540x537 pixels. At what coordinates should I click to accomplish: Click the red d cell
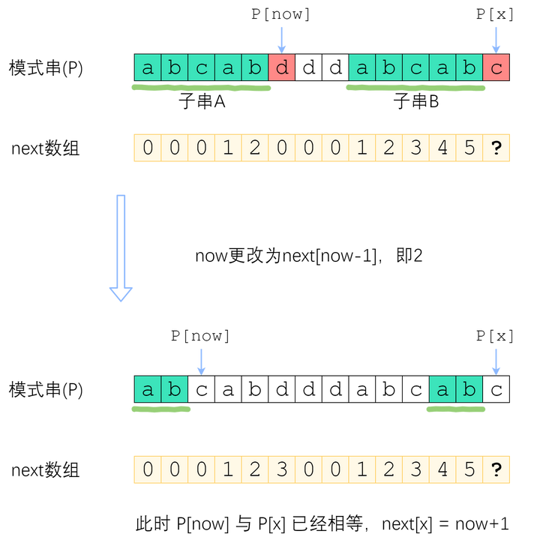(282, 68)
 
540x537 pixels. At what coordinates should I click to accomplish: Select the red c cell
(496, 68)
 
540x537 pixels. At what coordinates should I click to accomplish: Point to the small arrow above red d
(282, 39)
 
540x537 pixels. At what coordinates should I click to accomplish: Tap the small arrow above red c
(495, 39)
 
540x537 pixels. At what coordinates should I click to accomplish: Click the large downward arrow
(121, 247)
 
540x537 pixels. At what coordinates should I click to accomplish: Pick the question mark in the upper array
(496, 148)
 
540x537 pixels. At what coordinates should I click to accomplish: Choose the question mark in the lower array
(496, 470)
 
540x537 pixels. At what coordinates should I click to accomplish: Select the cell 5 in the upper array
(469, 148)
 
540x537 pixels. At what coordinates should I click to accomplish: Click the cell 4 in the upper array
(442, 148)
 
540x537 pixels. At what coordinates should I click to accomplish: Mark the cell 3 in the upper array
(415, 148)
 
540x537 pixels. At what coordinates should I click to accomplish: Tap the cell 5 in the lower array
(469, 470)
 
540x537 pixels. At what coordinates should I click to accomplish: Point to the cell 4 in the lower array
(442, 470)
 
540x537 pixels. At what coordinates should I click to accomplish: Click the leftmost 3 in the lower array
(282, 470)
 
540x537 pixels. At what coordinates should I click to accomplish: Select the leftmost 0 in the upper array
(147, 148)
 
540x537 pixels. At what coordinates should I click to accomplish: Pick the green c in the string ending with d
(201, 68)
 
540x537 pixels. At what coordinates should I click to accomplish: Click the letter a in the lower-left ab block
(148, 389)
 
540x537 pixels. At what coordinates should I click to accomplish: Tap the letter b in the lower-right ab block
(469, 389)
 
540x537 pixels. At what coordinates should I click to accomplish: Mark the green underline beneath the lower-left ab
(161, 409)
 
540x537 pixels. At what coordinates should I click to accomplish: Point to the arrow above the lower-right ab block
(495, 361)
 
